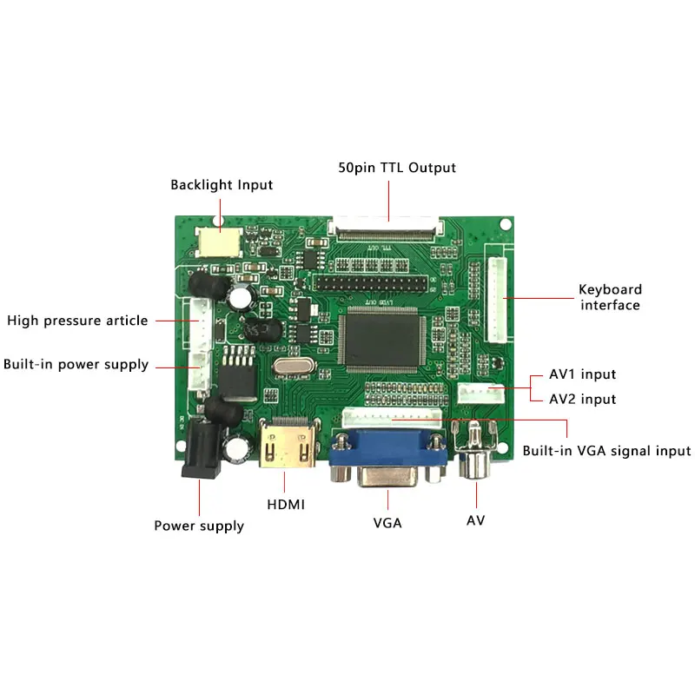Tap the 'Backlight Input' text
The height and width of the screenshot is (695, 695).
(222, 185)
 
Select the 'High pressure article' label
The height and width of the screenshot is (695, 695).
(77, 321)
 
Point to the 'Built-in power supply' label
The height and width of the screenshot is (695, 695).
(76, 364)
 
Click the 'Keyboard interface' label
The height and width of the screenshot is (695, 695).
(610, 297)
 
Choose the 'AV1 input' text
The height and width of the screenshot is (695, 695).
(582, 374)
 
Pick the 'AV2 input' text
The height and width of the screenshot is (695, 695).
(582, 400)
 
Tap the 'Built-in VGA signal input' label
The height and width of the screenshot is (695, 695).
(606, 451)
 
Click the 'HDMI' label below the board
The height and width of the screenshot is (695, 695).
(286, 504)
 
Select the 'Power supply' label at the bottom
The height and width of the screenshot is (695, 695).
(199, 526)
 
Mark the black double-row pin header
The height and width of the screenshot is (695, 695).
(372, 284)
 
